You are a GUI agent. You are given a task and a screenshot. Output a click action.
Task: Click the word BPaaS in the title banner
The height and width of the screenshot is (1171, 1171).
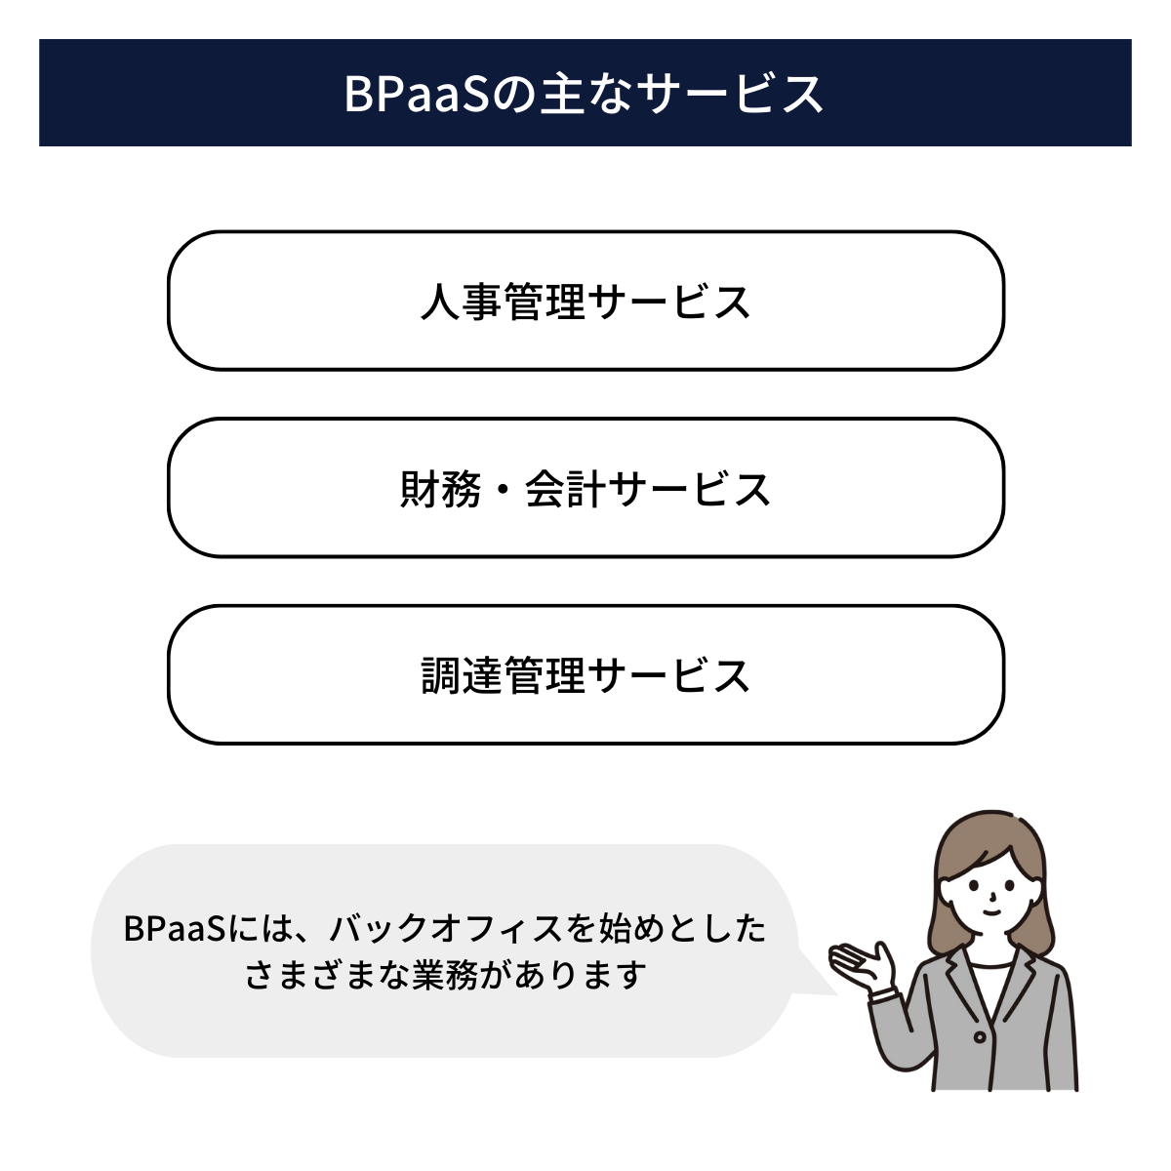pos(415,94)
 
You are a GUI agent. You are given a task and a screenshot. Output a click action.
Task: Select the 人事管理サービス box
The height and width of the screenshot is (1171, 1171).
pos(585,301)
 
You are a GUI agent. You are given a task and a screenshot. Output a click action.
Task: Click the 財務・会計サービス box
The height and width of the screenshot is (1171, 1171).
pos(585,488)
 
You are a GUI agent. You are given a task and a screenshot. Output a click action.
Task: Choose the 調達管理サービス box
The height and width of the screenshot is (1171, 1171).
pos(585,674)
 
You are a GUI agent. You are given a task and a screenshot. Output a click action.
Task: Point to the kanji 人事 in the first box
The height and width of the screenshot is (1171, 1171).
pos(461,302)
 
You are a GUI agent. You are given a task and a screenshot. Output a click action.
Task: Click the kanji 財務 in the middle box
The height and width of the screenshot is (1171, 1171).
pos(441,489)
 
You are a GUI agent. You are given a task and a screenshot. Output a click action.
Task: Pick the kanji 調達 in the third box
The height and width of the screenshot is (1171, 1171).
pos(461,675)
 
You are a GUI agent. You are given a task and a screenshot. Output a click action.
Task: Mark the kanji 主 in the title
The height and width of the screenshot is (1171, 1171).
pos(563,94)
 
